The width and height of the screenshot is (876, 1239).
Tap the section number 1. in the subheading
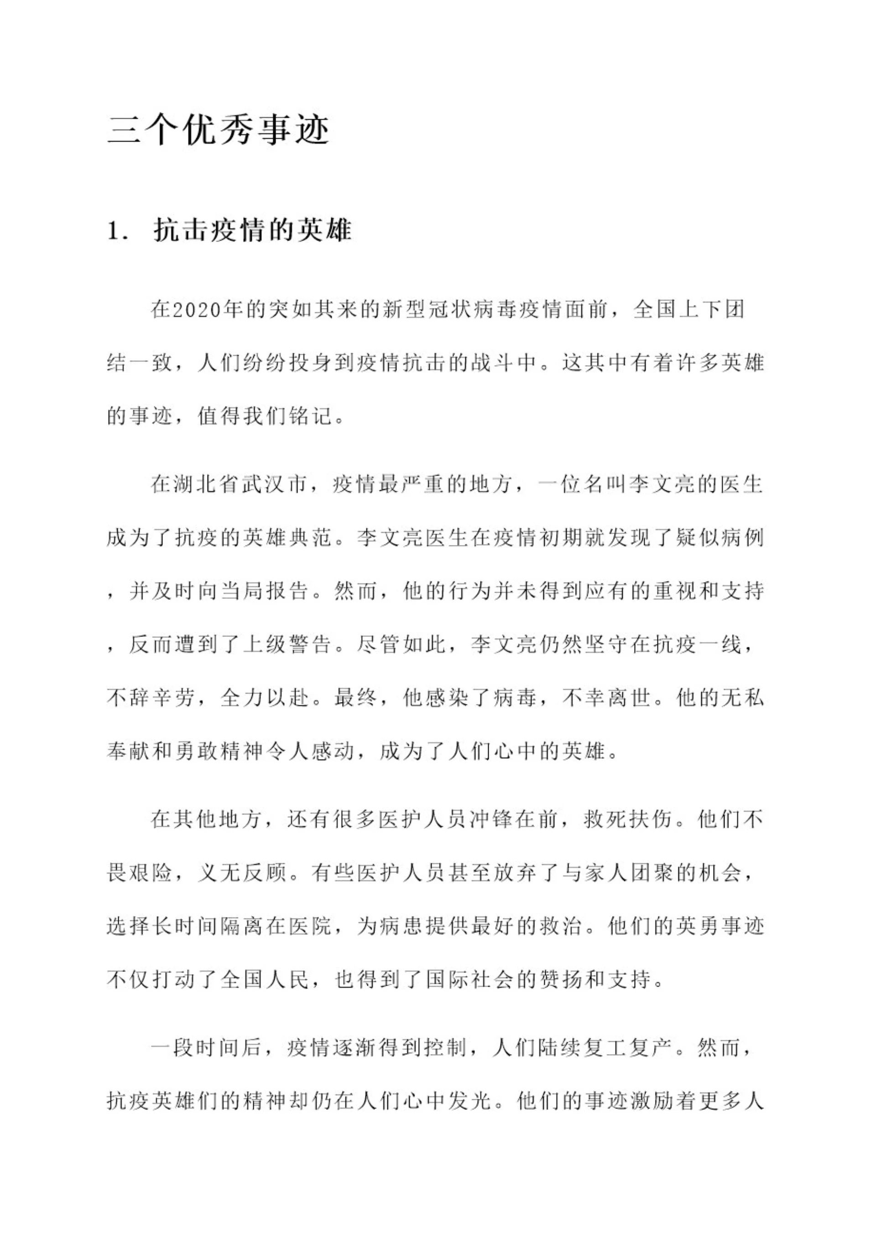pos(117,231)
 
